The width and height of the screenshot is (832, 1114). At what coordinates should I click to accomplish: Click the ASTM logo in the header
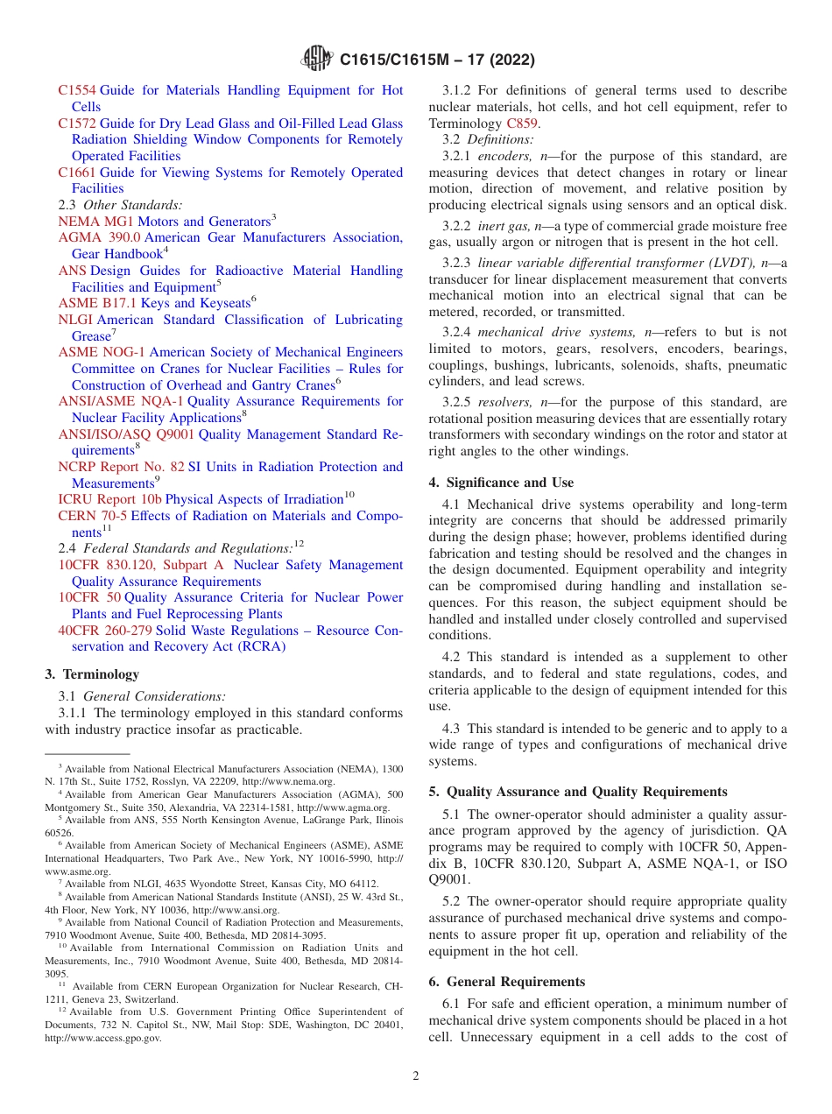coord(316,59)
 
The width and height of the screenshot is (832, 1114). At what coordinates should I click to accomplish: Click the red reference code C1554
coord(77,90)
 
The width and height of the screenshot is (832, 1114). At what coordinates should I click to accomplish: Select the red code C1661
coord(77,173)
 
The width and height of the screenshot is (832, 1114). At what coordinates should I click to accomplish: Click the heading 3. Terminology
coord(92,674)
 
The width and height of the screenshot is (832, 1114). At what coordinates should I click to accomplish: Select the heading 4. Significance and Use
coord(501,483)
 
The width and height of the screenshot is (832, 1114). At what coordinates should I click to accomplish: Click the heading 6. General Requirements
coord(506,982)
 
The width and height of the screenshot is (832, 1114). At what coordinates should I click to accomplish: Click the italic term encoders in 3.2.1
coord(503,156)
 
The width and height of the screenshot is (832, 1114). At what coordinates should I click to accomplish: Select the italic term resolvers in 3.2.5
coord(504,402)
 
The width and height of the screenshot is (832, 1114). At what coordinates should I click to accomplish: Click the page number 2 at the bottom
coord(416,1076)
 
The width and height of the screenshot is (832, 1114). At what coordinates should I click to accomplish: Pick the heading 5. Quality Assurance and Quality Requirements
coord(578,792)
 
